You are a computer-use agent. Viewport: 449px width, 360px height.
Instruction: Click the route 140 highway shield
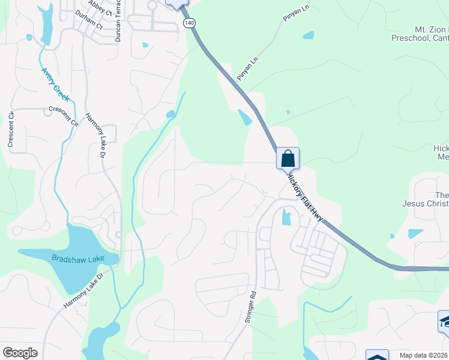pos(190,23)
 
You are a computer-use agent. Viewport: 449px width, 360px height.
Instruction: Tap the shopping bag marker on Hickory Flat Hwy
pos(288,159)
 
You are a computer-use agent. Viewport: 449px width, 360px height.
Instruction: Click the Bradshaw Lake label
pos(78,258)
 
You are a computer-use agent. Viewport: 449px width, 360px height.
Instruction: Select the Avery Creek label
pos(56,83)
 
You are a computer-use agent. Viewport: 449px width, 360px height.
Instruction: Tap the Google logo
pos(20,352)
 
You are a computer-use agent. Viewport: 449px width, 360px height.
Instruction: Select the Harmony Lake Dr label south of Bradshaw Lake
pos(84,291)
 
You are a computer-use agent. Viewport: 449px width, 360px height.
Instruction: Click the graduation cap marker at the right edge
pos(444,322)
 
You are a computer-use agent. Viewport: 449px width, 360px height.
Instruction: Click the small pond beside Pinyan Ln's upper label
pos(308,35)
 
